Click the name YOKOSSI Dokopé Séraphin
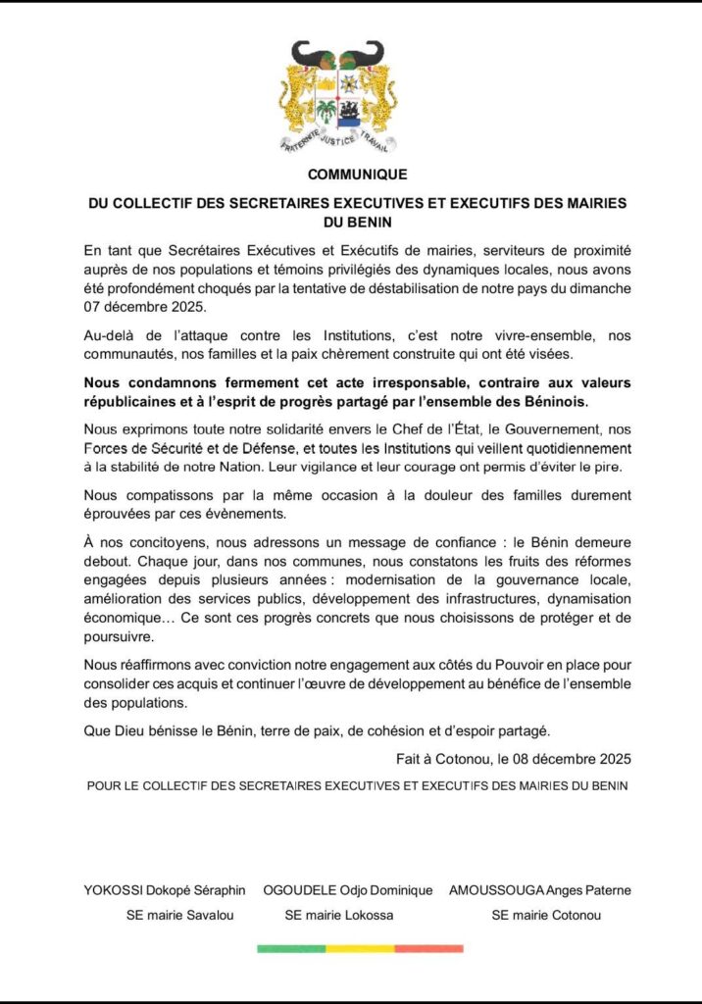point(165,890)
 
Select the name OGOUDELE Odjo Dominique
point(348,890)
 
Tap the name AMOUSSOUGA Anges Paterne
point(539,890)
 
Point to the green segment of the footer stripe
point(290,948)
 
